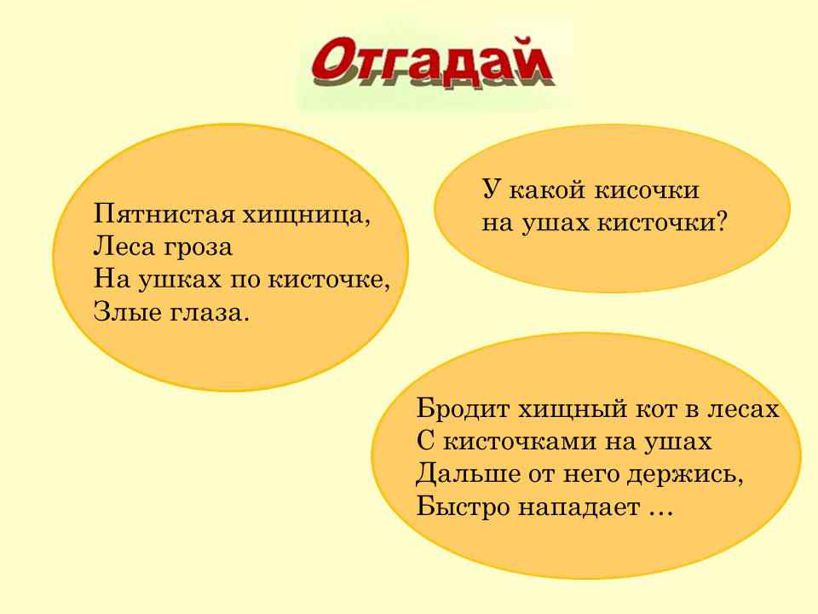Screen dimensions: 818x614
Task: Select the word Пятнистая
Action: (164, 215)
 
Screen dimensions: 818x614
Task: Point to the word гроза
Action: (198, 248)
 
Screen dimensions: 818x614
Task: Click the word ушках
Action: (180, 280)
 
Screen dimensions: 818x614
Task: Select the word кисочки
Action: (647, 190)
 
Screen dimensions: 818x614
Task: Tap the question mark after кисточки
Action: (721, 223)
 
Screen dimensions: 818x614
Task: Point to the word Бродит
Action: (463, 409)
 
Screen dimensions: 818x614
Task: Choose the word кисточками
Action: (520, 443)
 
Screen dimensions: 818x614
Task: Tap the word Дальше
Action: (469, 475)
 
